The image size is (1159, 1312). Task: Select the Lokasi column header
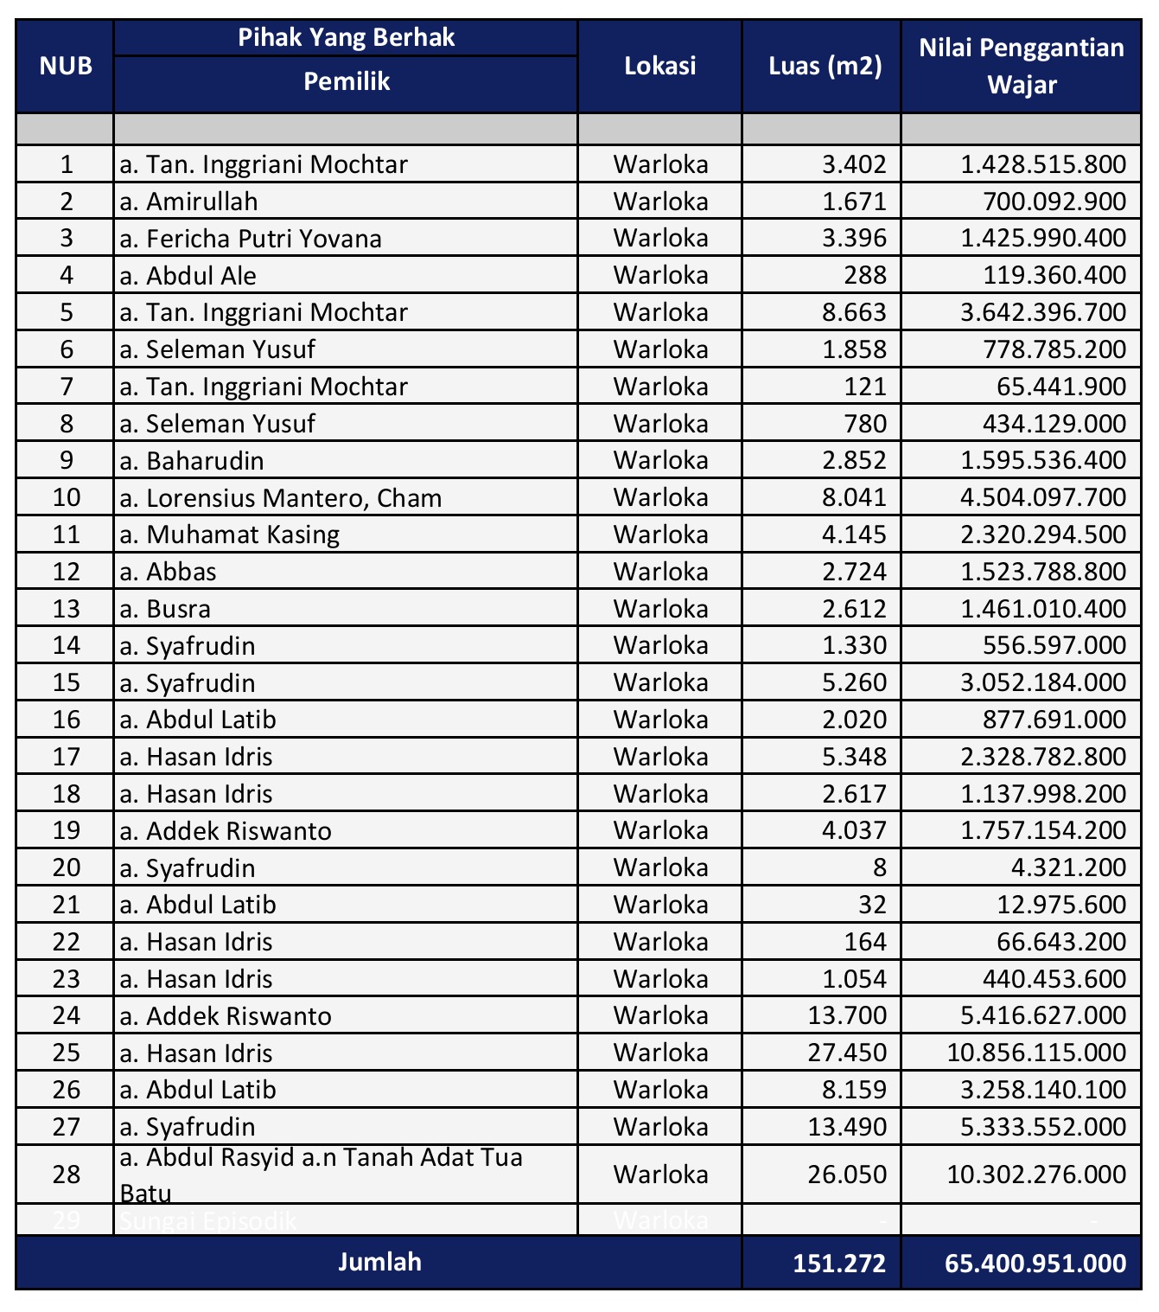click(659, 67)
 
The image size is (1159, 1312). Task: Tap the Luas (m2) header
click(825, 67)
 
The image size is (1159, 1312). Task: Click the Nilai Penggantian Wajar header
click(1022, 67)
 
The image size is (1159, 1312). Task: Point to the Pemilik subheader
click(347, 82)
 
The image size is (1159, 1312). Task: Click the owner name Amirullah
click(201, 202)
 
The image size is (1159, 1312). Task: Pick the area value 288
click(867, 276)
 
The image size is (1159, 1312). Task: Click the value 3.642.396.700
click(1043, 312)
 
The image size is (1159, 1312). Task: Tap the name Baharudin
click(205, 461)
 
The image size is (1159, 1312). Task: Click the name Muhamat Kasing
click(242, 534)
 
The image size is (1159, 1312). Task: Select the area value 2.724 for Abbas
click(855, 572)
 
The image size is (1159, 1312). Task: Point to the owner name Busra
click(178, 609)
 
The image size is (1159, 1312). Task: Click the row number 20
click(67, 868)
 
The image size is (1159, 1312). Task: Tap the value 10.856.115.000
click(1036, 1053)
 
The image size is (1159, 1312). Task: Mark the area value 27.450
click(848, 1053)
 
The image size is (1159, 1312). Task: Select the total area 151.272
click(839, 1264)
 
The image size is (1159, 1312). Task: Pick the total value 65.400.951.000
click(1035, 1264)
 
